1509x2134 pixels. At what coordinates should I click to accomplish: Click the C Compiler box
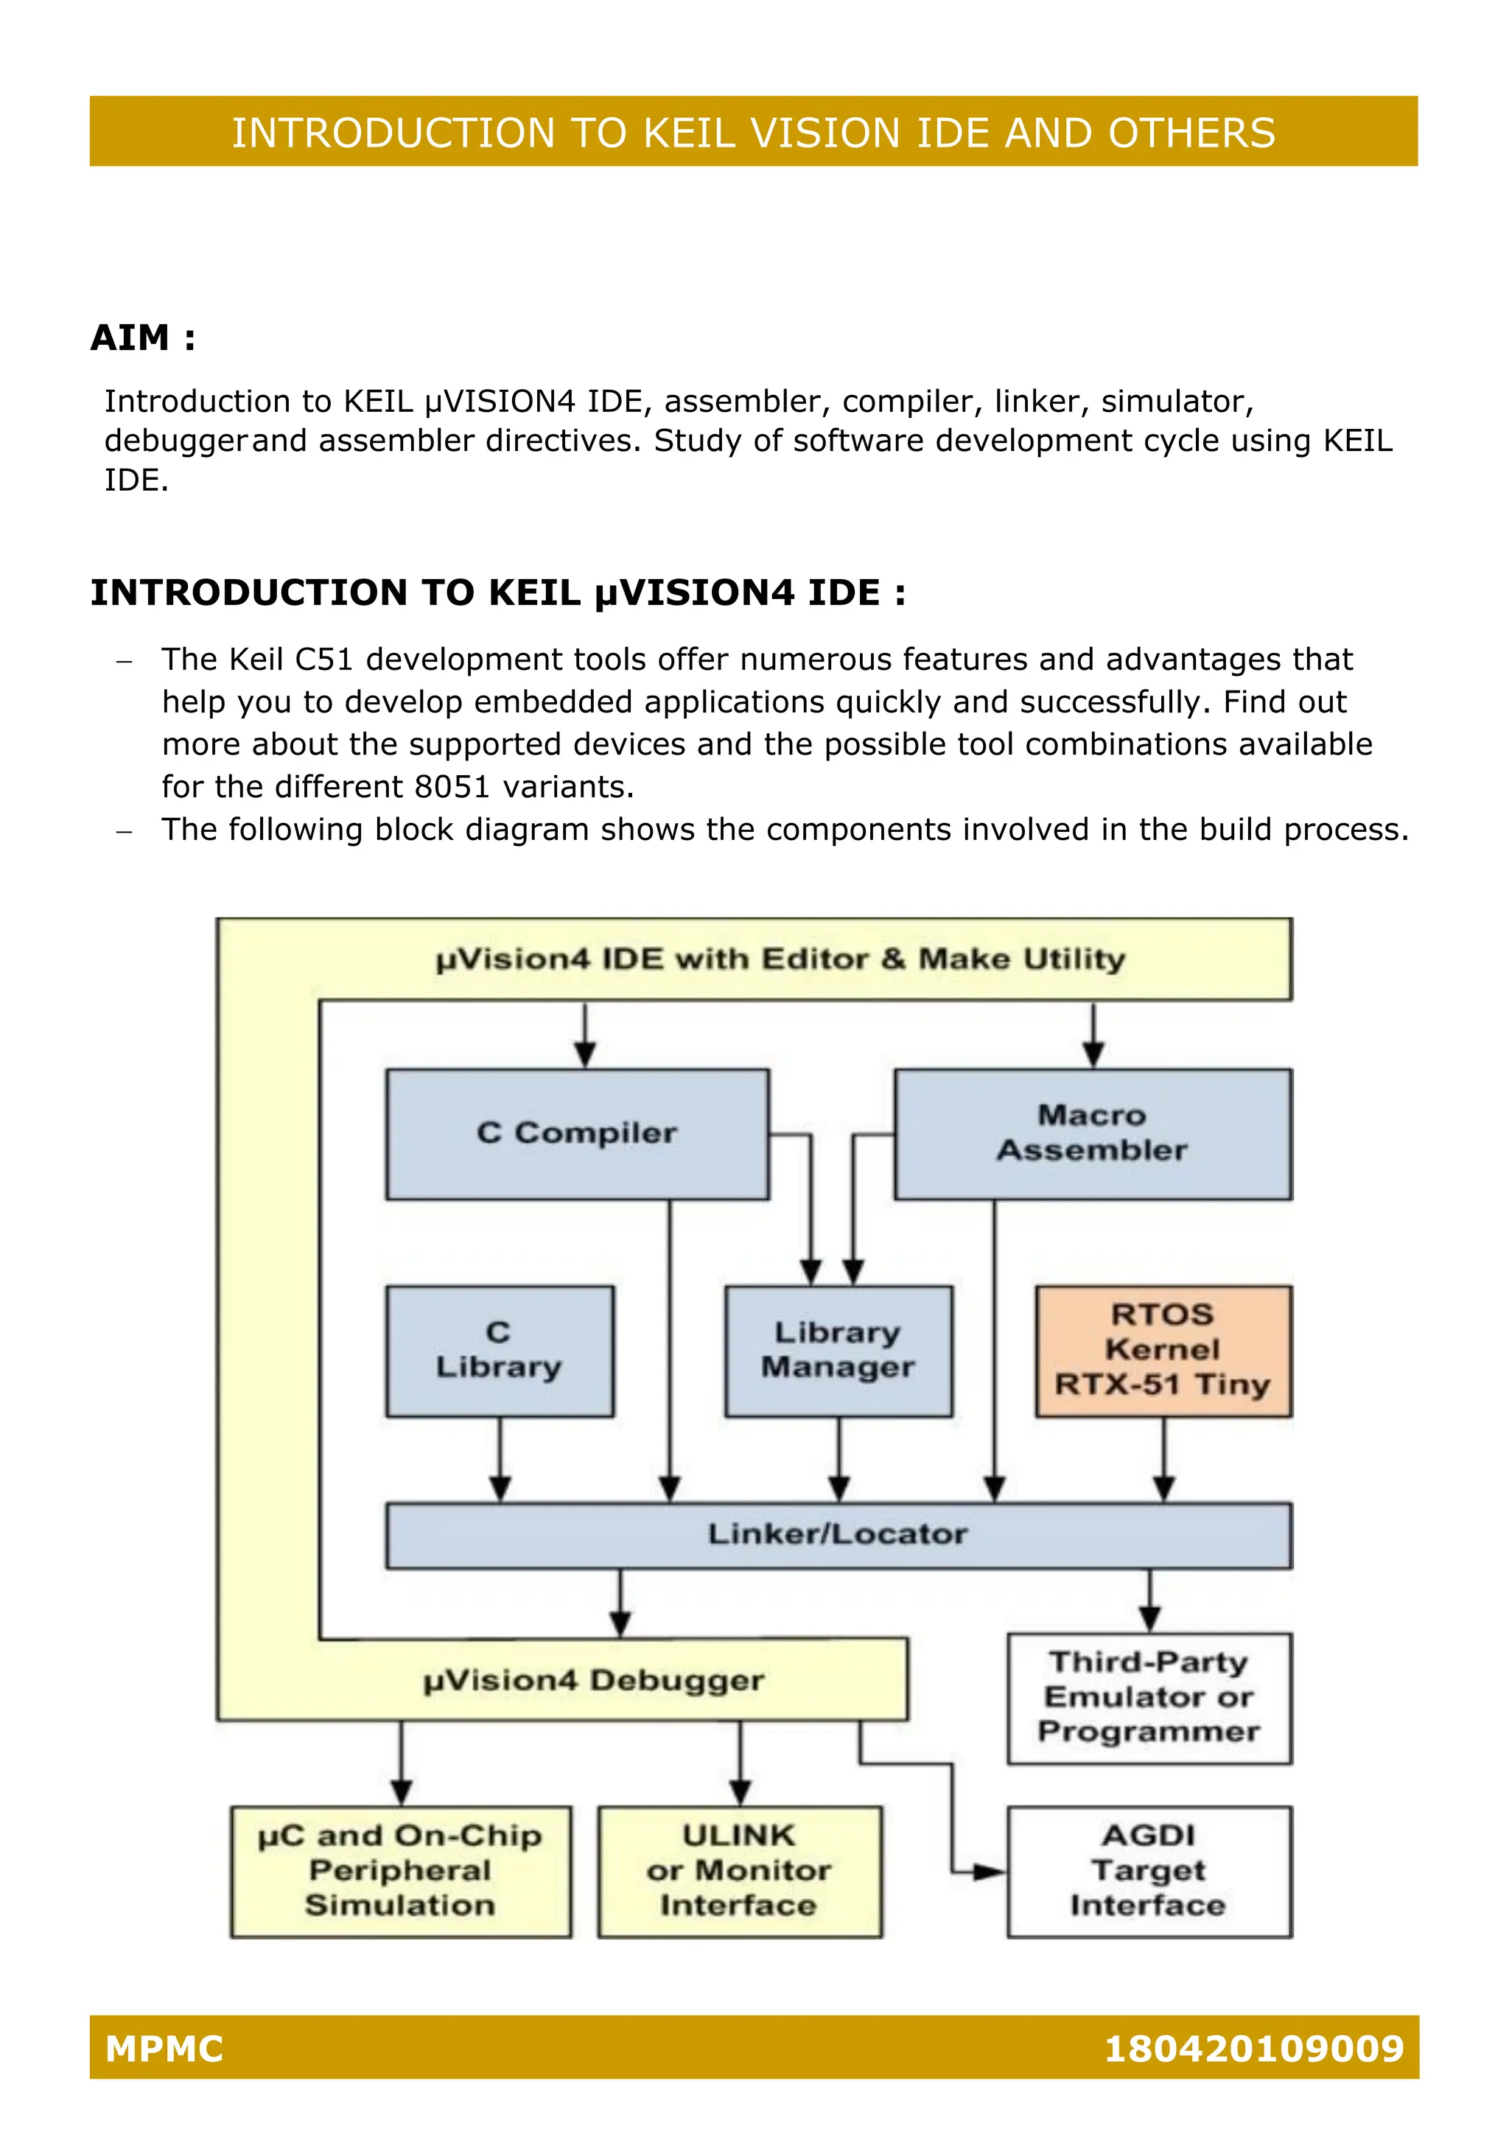tap(577, 1134)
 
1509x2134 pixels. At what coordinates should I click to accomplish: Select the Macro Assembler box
tap(1093, 1134)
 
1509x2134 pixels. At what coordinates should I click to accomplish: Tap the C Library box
tap(500, 1351)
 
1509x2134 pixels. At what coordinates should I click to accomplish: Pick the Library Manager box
tap(838, 1351)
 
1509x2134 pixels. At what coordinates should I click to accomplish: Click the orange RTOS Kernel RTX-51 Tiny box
tap(1163, 1351)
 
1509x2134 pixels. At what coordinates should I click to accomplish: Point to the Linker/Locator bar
tap(838, 1534)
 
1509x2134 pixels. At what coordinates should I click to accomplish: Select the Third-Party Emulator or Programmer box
tap(1149, 1698)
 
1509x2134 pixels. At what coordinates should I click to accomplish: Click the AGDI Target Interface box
tap(1149, 1871)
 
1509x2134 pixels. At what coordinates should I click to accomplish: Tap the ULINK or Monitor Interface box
tap(740, 1871)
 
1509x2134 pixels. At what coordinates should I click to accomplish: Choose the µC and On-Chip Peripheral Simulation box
tap(401, 1871)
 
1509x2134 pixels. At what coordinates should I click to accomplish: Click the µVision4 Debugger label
tap(594, 1680)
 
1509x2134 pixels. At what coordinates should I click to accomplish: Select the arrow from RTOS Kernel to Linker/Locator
tap(1163, 1459)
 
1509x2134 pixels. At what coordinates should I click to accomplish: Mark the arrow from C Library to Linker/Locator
tap(500, 1459)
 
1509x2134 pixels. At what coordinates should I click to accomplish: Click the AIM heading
tap(143, 337)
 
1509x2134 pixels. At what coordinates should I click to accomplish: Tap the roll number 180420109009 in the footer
tap(1253, 2049)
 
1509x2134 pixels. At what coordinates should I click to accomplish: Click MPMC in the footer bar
tap(164, 2049)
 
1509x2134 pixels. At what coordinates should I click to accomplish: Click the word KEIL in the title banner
tap(693, 133)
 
